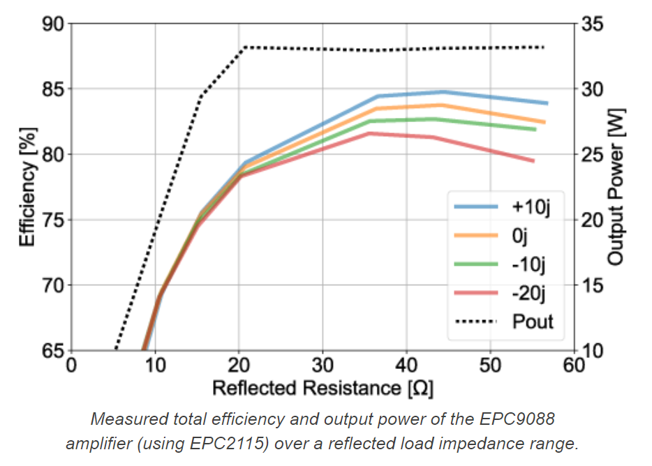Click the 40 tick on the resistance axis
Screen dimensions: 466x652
tap(406, 366)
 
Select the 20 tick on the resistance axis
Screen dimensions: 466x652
tap(238, 366)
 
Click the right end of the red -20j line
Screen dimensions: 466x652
tap(533, 161)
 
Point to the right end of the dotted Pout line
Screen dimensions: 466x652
tap(544, 47)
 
